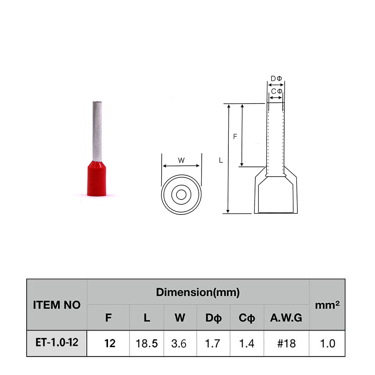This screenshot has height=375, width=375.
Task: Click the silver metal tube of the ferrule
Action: tap(97, 131)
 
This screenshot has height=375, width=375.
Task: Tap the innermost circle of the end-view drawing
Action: tap(181, 195)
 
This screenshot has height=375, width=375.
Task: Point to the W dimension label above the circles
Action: tap(181, 160)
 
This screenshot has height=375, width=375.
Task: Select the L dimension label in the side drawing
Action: tap(221, 160)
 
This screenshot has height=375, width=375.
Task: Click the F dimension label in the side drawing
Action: tap(235, 136)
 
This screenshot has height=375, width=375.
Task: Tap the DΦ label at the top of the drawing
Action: tap(276, 78)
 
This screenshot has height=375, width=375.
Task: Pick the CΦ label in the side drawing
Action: tap(277, 91)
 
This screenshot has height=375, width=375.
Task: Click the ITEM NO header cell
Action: tap(57, 305)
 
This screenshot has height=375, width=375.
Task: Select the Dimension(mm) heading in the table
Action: tap(198, 292)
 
